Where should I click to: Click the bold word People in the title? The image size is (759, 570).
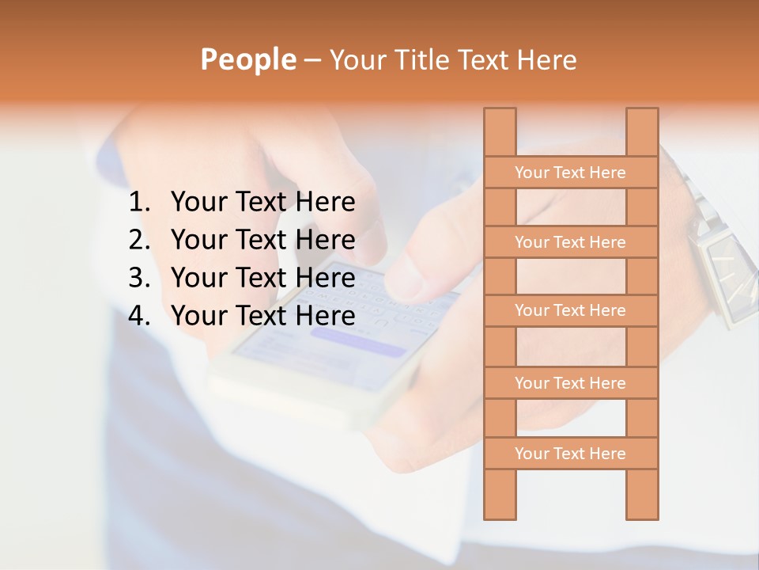coord(247,59)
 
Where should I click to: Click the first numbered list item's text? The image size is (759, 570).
coord(262,203)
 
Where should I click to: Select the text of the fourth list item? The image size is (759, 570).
coord(262,316)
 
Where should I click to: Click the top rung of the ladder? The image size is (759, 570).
coord(570,173)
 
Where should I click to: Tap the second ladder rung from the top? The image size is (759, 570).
coord(570,242)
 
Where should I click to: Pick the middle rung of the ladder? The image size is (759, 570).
coord(570,310)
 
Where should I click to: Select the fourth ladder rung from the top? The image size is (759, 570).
coord(570,383)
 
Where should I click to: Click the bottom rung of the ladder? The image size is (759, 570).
coord(570,454)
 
